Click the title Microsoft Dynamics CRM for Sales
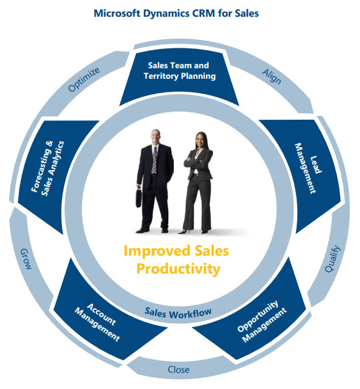click(x=176, y=13)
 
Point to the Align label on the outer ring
click(x=272, y=76)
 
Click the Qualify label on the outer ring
click(x=333, y=259)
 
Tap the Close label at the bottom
click(x=179, y=370)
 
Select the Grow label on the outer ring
click(x=26, y=259)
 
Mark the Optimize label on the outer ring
click(x=84, y=79)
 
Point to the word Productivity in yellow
click(x=178, y=269)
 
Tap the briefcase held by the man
click(x=139, y=198)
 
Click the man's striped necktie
click(x=155, y=160)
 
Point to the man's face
click(x=156, y=136)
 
